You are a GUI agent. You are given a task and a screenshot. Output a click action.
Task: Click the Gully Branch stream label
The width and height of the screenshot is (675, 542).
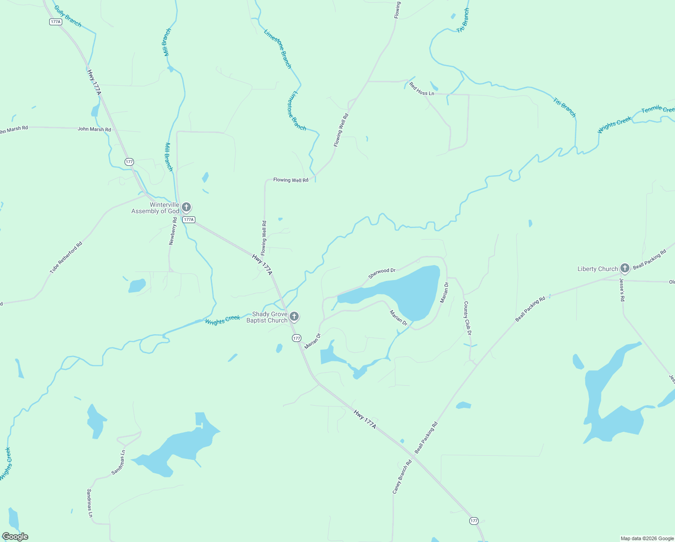pyautogui.click(x=68, y=16)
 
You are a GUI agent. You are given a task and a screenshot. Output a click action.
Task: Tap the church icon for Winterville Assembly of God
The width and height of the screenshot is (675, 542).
pyautogui.click(x=186, y=207)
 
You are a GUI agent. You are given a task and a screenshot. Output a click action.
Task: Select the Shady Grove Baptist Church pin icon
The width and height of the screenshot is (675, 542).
pyautogui.click(x=294, y=316)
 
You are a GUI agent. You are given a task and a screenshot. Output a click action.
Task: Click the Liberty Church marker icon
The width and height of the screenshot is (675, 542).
pyautogui.click(x=624, y=268)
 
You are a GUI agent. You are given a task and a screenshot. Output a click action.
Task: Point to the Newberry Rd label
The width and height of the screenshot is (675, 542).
pyautogui.click(x=172, y=231)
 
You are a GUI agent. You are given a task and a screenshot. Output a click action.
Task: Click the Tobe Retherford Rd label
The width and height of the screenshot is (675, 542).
pyautogui.click(x=66, y=258)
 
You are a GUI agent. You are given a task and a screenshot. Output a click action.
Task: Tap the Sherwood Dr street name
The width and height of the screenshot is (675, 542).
pyautogui.click(x=382, y=273)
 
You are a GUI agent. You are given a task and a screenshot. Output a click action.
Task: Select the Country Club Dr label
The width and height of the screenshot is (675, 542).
pyautogui.click(x=467, y=318)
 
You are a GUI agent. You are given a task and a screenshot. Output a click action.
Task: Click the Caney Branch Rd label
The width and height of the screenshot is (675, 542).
pyautogui.click(x=402, y=477)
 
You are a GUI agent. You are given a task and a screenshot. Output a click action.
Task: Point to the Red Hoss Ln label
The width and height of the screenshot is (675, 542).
pyautogui.click(x=421, y=89)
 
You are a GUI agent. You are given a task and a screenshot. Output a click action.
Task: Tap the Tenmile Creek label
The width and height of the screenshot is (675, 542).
pyautogui.click(x=658, y=109)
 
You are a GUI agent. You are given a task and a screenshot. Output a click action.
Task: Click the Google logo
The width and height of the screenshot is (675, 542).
pyautogui.click(x=15, y=536)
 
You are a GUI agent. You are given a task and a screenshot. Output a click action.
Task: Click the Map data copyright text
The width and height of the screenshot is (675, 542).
pyautogui.click(x=647, y=538)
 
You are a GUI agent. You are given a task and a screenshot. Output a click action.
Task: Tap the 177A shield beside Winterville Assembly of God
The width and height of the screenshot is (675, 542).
pyautogui.click(x=189, y=220)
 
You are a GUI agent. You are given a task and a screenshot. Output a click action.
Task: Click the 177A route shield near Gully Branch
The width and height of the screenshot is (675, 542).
pyautogui.click(x=55, y=22)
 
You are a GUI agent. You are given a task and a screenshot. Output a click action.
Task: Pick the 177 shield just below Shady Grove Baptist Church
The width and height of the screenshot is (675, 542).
pyautogui.click(x=296, y=338)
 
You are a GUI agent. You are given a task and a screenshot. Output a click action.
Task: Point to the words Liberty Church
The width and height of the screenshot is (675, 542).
pyautogui.click(x=597, y=269)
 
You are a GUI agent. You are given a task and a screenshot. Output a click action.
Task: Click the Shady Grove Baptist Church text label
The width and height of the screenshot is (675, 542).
pyautogui.click(x=267, y=317)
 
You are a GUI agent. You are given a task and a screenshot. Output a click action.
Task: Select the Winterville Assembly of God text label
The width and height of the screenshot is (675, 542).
pyautogui.click(x=156, y=208)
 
